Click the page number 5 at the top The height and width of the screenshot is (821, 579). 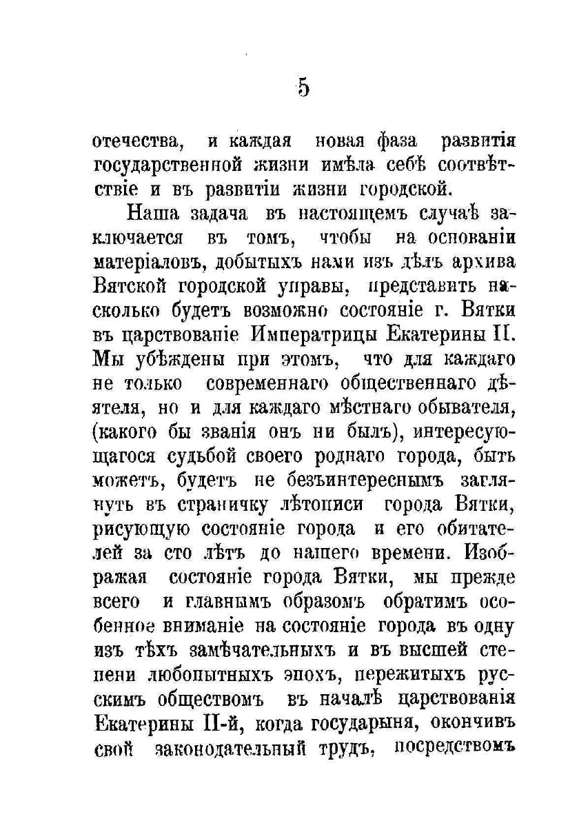click(303, 89)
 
